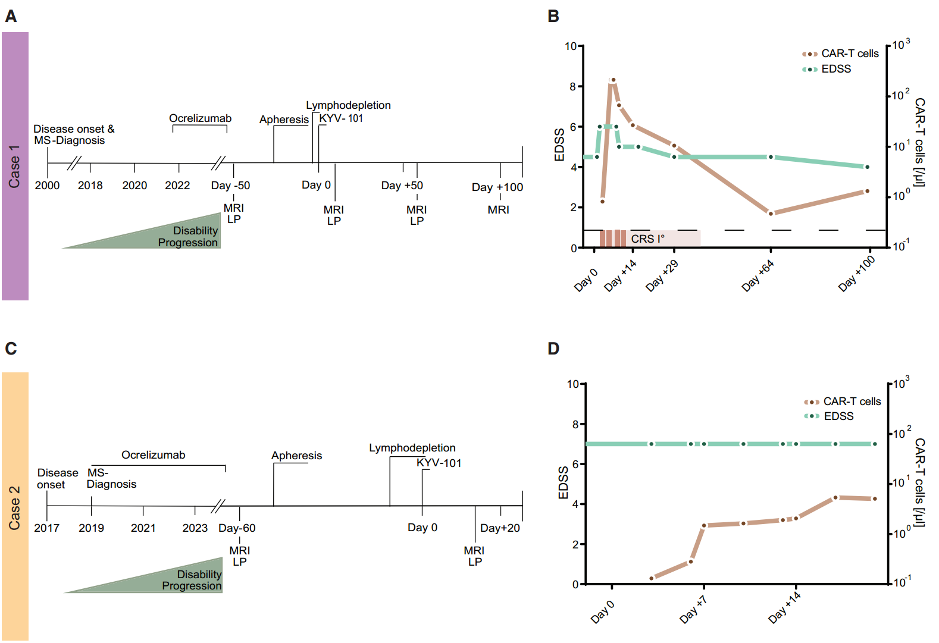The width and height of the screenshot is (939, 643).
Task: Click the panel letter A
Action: click(x=11, y=17)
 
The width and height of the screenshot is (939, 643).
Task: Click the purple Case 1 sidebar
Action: click(x=15, y=167)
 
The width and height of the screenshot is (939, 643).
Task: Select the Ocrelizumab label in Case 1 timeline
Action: click(x=200, y=118)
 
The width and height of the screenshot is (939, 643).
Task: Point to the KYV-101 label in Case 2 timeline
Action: click(x=439, y=463)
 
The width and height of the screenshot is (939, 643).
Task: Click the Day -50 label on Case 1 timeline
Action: click(x=230, y=186)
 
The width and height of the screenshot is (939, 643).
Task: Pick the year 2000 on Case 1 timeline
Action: click(x=47, y=186)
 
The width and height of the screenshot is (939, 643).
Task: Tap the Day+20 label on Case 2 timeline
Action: click(x=500, y=528)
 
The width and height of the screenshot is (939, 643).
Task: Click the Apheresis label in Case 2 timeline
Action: click(x=296, y=456)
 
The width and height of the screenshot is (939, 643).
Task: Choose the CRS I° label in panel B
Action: click(x=647, y=239)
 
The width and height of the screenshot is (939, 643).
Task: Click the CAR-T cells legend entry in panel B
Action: click(x=849, y=54)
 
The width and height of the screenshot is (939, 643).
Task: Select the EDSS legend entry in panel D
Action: click(x=838, y=416)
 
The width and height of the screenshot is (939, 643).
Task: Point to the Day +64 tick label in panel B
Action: click(x=758, y=276)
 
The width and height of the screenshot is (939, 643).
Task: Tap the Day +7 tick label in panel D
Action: click(x=693, y=610)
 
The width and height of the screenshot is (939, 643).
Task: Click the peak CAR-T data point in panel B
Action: click(x=614, y=80)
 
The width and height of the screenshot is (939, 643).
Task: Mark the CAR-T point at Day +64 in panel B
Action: click(x=771, y=214)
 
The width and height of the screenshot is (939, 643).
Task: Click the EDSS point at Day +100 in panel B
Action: click(x=867, y=167)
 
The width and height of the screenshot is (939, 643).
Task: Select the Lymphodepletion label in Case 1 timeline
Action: click(x=348, y=105)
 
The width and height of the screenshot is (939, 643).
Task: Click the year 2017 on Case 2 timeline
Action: click(x=46, y=528)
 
